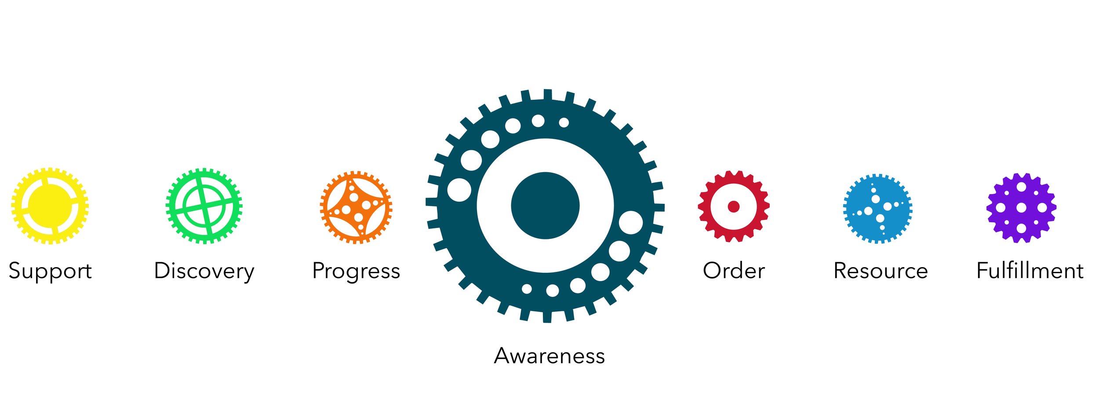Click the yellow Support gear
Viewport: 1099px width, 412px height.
[50, 206]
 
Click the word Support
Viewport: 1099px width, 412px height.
[50, 271]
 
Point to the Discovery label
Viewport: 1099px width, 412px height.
[204, 271]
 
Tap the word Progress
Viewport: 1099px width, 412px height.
[356, 271]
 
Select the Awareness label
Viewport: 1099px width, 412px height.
[549, 356]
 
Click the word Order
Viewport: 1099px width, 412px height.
[734, 271]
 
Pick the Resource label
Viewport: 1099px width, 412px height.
[881, 271]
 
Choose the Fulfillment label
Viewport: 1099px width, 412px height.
[1030, 271]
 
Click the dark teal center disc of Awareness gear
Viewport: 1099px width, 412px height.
[545, 206]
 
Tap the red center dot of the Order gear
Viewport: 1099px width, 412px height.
[734, 206]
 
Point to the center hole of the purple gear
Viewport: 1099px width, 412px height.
[1021, 208]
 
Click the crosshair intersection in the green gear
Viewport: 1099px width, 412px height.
[204, 206]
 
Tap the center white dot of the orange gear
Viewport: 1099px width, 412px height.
[356, 207]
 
